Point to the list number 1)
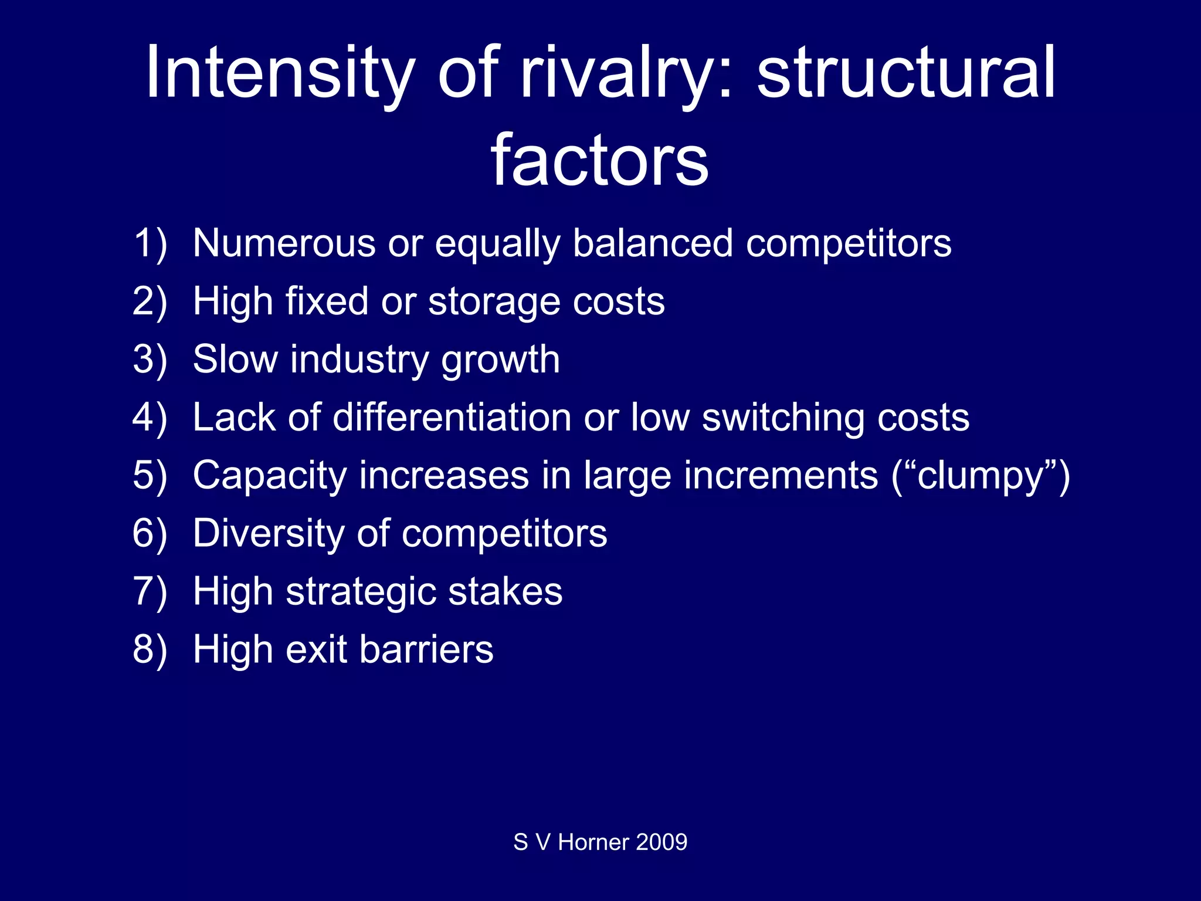(150, 243)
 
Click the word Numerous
(284, 243)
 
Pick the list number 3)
(150, 359)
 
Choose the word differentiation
(452, 417)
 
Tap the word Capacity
(270, 476)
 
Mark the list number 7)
(150, 591)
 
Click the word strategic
(361, 591)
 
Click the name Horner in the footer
(593, 842)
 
